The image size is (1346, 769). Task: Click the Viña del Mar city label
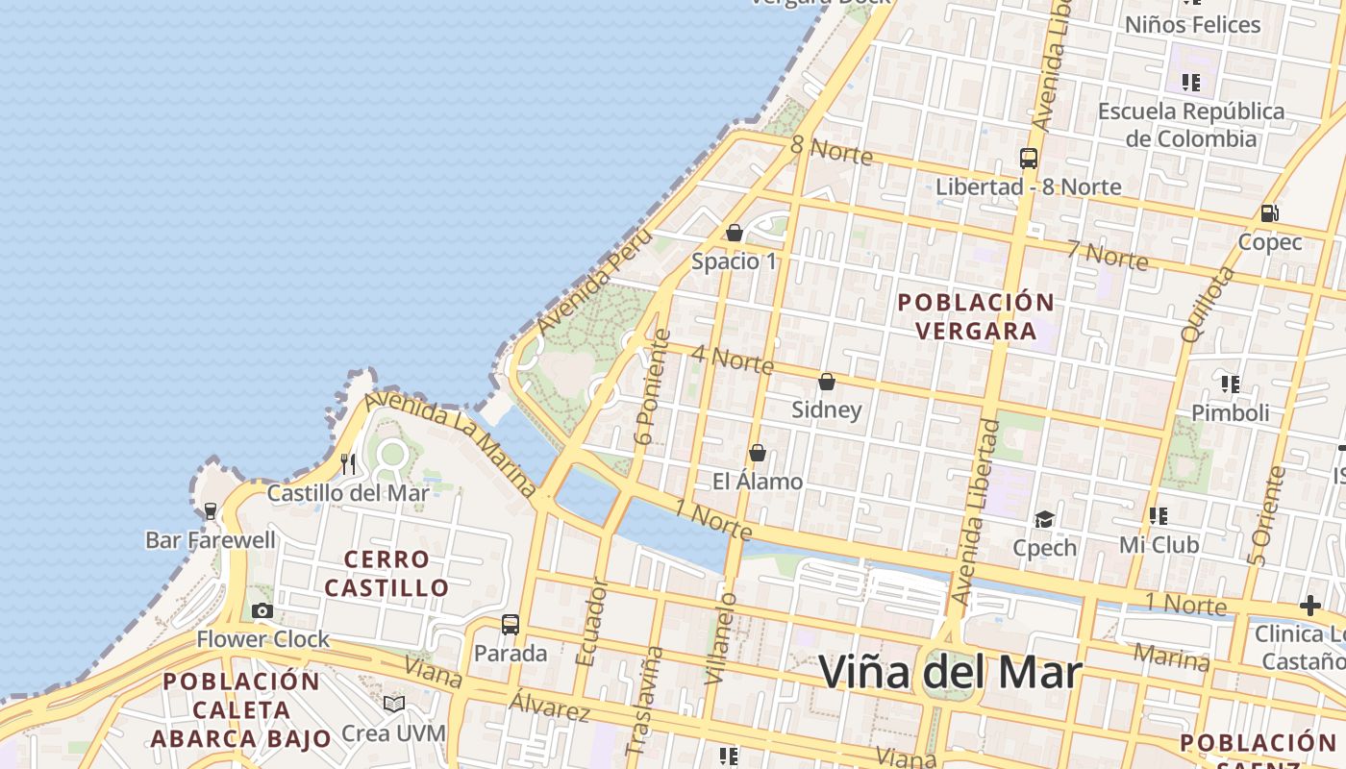point(950,672)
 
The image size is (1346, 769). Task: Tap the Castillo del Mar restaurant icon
point(348,464)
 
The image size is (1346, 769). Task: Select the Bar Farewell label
point(211,539)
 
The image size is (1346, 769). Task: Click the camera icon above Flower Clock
point(262,610)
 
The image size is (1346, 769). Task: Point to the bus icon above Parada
point(511,625)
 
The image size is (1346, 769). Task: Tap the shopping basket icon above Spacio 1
point(735,233)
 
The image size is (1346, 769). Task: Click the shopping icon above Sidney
point(826,382)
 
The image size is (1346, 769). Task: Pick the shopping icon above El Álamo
point(758,453)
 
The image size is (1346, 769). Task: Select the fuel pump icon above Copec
point(1269,213)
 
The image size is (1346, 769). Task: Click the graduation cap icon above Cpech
point(1044,519)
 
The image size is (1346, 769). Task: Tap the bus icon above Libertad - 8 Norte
point(1029,159)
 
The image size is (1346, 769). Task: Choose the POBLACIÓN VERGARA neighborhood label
point(976,316)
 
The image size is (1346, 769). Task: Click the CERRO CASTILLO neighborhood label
point(386,573)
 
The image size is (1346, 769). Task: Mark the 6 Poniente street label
point(652,387)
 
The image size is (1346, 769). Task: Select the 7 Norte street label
point(1106,256)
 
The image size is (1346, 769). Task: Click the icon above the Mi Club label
point(1159,516)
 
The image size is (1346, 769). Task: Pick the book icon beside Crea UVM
point(393,705)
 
